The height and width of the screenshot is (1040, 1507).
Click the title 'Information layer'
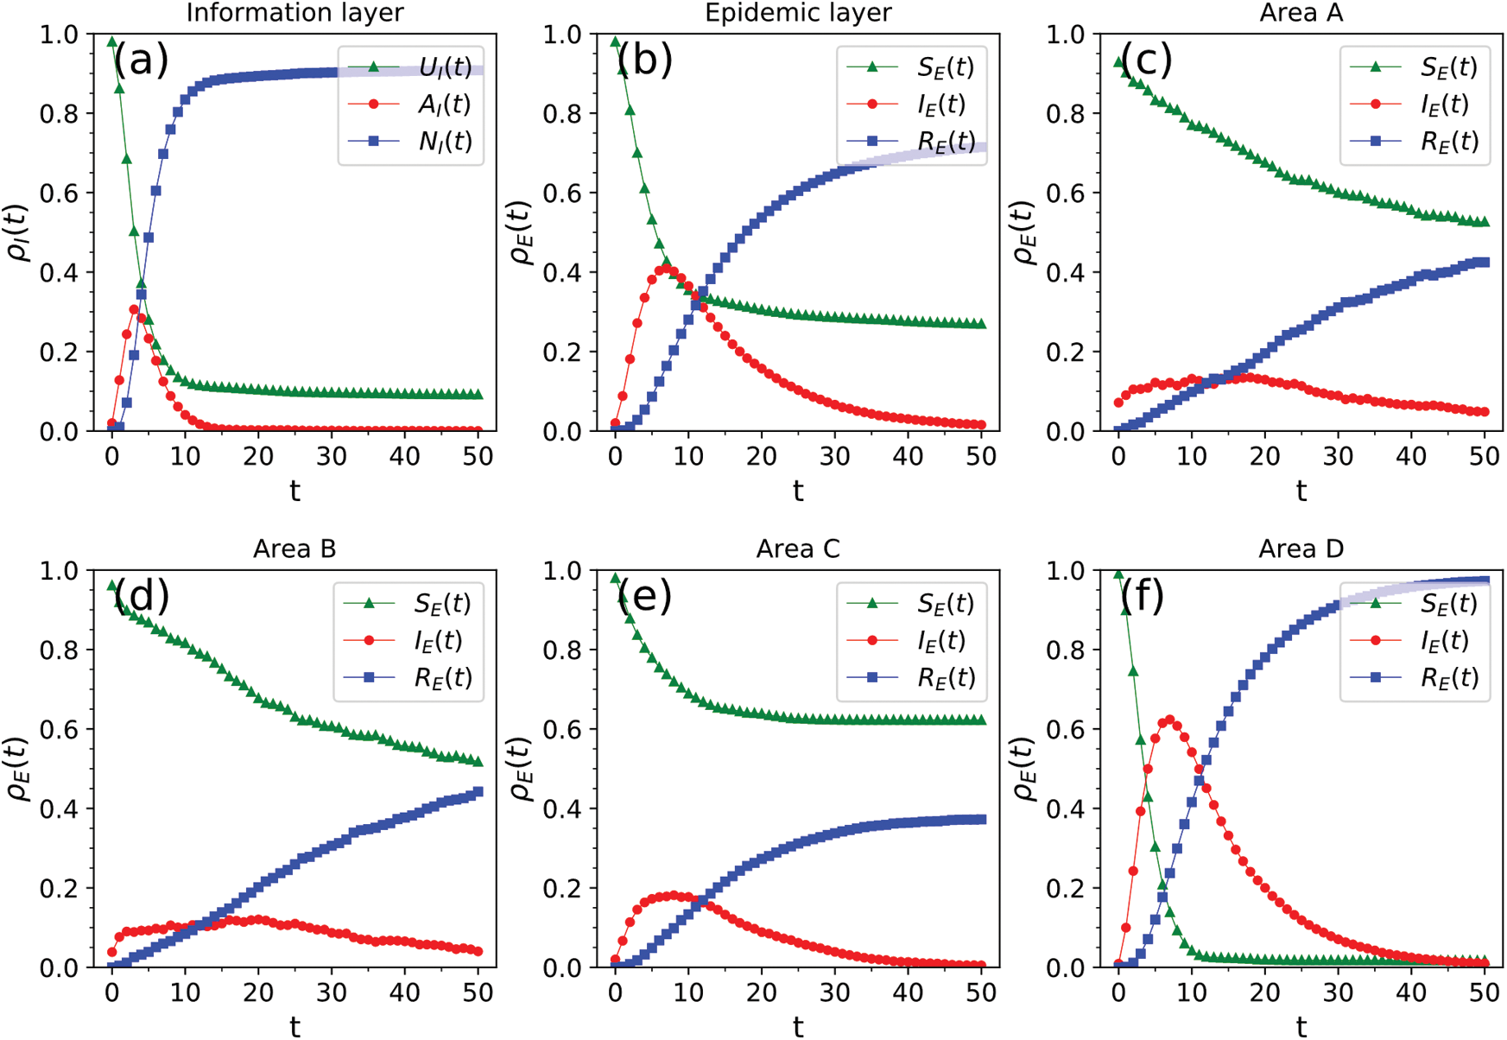click(294, 13)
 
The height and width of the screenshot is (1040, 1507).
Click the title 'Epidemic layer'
click(798, 13)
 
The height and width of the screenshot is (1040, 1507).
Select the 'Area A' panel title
click(1301, 13)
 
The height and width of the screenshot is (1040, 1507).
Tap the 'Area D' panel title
click(1301, 549)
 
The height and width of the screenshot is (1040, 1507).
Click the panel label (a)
click(141, 60)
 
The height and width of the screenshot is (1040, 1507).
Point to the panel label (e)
click(644, 596)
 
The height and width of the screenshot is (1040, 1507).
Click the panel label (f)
click(1142, 596)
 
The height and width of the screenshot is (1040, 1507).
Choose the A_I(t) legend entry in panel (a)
click(445, 105)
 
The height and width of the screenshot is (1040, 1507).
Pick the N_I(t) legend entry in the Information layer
click(445, 141)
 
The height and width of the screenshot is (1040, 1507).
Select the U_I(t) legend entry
click(445, 67)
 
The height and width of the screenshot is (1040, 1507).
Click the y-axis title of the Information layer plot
click(19, 233)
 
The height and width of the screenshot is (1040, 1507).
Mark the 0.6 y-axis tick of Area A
click(1064, 193)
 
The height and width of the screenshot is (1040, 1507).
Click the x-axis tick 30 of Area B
click(332, 992)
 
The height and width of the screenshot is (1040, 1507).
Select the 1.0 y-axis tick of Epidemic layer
click(560, 35)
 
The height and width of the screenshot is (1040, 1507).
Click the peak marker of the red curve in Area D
click(1169, 720)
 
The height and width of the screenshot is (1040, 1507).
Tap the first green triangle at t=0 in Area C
click(615, 578)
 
